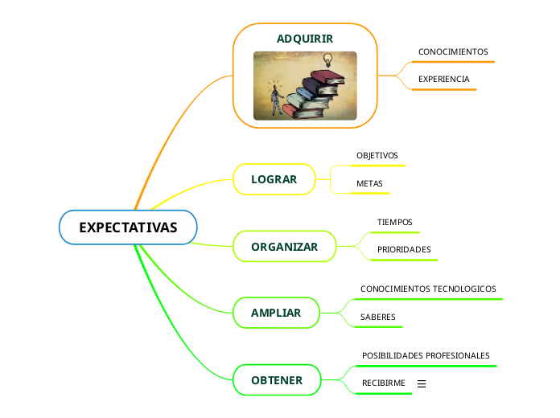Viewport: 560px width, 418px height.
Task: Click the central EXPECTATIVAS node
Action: pos(128,227)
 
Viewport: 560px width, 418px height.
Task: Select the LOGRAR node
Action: pos(274,179)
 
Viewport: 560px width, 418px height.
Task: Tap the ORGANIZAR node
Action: pos(284,247)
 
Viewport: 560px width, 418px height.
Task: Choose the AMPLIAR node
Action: pos(276,313)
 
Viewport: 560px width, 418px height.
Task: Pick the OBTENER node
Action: pos(277,380)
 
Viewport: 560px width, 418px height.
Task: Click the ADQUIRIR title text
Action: pos(305,39)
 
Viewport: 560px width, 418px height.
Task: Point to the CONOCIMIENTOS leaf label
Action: pos(453,51)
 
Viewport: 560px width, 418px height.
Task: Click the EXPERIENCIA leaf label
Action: pos(443,79)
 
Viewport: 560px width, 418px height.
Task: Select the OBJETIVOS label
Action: pos(377,155)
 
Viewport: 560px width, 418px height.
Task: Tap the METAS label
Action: pos(369,184)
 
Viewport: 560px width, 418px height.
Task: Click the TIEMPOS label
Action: pos(394,221)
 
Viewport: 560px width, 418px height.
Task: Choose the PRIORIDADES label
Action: pos(404,249)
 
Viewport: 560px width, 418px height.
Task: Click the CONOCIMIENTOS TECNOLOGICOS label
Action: pos(428,289)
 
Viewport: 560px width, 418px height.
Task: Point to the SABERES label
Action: pos(378,317)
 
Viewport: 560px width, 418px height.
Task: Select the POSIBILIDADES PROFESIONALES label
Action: pos(426,355)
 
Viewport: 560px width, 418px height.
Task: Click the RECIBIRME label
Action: pos(383,383)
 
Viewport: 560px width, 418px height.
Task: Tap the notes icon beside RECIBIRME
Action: pos(422,384)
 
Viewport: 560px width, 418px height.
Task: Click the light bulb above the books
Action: pos(327,59)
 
